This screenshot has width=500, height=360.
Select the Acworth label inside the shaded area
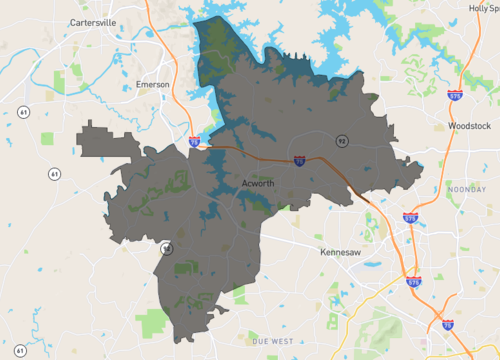point(258,183)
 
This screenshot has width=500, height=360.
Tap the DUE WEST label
point(271,342)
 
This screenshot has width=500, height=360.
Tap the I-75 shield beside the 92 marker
point(300,159)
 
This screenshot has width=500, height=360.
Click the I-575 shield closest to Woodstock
point(455,96)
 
